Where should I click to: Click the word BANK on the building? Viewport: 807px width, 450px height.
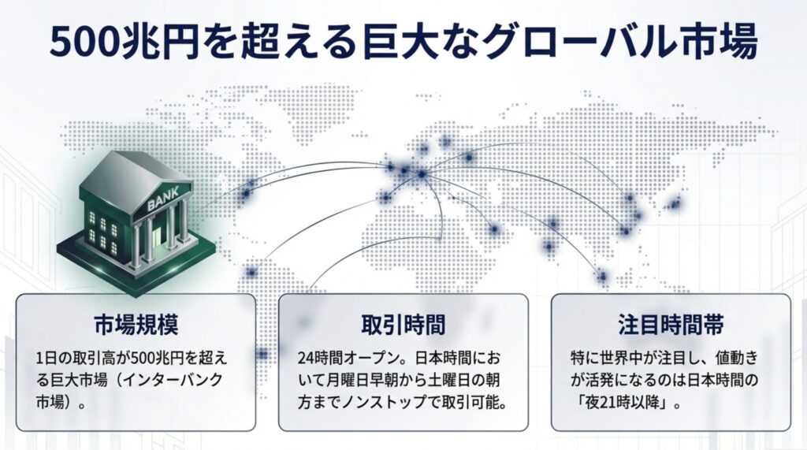(x=163, y=199)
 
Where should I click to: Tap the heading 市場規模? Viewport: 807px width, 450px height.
(x=136, y=325)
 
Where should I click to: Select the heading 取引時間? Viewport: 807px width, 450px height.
(x=403, y=325)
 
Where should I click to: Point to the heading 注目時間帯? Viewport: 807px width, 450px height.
(x=671, y=325)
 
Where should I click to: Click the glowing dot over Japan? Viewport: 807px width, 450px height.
(x=675, y=204)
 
